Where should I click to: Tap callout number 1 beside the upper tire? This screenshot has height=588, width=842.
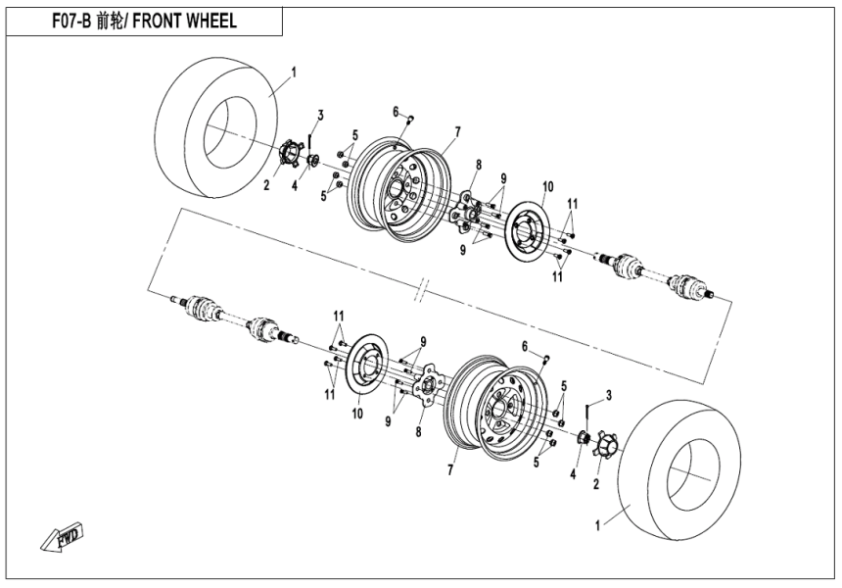coord(294,72)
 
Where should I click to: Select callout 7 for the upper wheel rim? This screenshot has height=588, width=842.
coord(456,130)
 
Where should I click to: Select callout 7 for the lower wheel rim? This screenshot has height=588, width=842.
coord(450,470)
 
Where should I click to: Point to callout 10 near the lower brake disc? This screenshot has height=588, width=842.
coord(358,415)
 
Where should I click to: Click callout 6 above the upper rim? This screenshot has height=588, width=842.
coord(396,111)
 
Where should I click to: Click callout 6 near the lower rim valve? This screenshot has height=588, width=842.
coord(525,346)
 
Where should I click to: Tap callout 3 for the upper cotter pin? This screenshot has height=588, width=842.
coord(319,115)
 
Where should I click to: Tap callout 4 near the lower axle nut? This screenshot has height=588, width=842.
coord(573,473)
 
